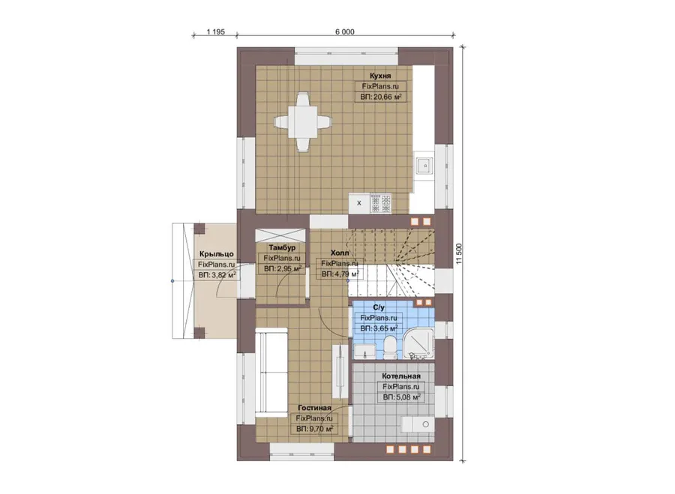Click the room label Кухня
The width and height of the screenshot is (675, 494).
(380, 76)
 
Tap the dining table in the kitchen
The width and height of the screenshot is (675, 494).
(303, 122)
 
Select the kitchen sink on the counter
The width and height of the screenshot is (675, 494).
(425, 165)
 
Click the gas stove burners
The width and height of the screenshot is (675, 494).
(381, 203)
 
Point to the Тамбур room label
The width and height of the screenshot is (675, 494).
(282, 248)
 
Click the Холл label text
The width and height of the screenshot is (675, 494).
(340, 253)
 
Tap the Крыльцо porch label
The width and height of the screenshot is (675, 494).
(217, 254)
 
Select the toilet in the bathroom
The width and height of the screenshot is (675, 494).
(391, 347)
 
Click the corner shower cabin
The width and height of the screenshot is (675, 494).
(417, 343)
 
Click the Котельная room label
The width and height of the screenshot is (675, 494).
(400, 376)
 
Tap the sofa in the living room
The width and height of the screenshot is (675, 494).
(271, 373)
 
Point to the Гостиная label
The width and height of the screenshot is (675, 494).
(315, 408)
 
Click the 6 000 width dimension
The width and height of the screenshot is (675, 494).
(345, 31)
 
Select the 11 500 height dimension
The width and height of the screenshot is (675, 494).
(458, 253)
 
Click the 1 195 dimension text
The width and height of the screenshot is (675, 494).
(216, 31)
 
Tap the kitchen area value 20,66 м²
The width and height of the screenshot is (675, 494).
(381, 97)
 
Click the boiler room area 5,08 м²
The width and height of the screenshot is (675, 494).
(402, 397)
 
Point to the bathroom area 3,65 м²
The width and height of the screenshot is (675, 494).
(379, 328)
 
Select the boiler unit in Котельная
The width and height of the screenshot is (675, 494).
(418, 424)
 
